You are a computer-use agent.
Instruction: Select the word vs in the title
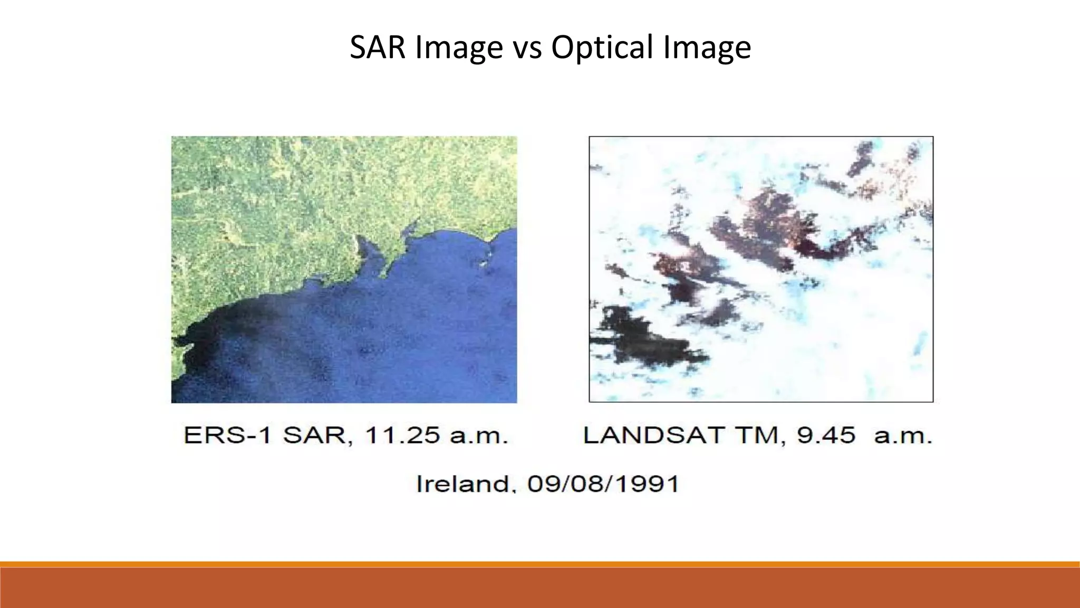click(527, 47)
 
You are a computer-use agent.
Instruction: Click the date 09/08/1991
click(603, 483)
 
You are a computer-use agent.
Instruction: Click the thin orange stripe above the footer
click(540, 564)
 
